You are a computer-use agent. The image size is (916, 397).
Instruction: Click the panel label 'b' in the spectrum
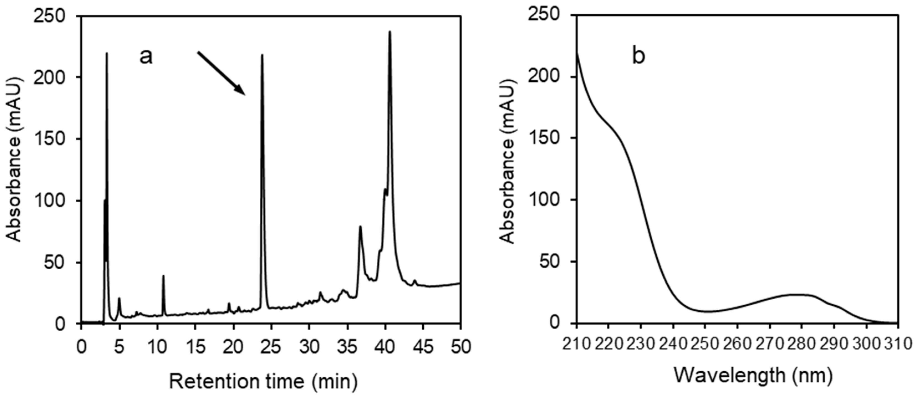638,57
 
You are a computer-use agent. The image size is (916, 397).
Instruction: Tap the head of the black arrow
244,94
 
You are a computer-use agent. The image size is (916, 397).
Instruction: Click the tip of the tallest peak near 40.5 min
390,32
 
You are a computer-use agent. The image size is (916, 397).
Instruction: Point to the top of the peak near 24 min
262,55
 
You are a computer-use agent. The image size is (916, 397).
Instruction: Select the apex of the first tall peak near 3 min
107,53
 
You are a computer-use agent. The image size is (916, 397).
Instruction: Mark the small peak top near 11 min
163,276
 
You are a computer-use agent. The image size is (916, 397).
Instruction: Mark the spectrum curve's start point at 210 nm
577,53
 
